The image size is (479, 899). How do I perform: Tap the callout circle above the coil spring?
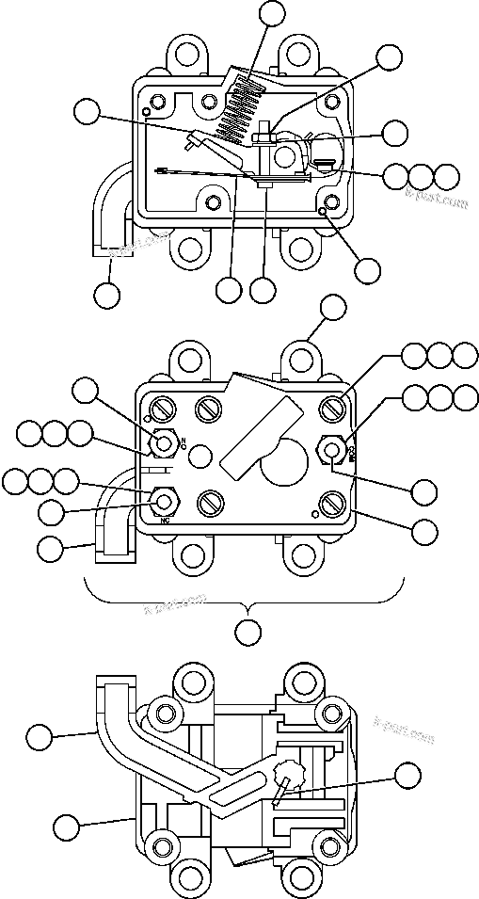click(272, 12)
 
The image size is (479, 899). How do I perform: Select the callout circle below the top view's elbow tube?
click(108, 294)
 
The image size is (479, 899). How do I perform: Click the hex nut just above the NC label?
click(168, 501)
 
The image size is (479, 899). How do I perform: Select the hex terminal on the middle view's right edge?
click(333, 449)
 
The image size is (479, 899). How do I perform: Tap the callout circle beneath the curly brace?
click(247, 632)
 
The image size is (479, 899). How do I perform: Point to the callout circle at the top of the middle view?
click(333, 307)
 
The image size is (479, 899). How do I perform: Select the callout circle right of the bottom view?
click(407, 776)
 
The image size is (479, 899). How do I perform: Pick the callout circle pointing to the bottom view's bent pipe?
click(39, 737)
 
